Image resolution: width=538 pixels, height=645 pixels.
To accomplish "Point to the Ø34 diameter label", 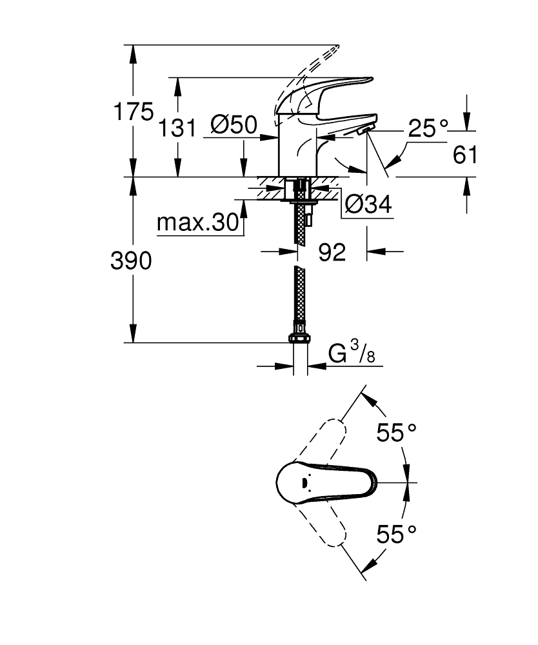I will tap(368, 204).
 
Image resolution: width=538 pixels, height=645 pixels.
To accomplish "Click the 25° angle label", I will tap(426, 129).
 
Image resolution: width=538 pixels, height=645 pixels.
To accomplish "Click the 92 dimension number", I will tap(332, 252).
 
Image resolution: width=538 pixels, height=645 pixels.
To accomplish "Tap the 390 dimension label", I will tap(132, 261).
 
